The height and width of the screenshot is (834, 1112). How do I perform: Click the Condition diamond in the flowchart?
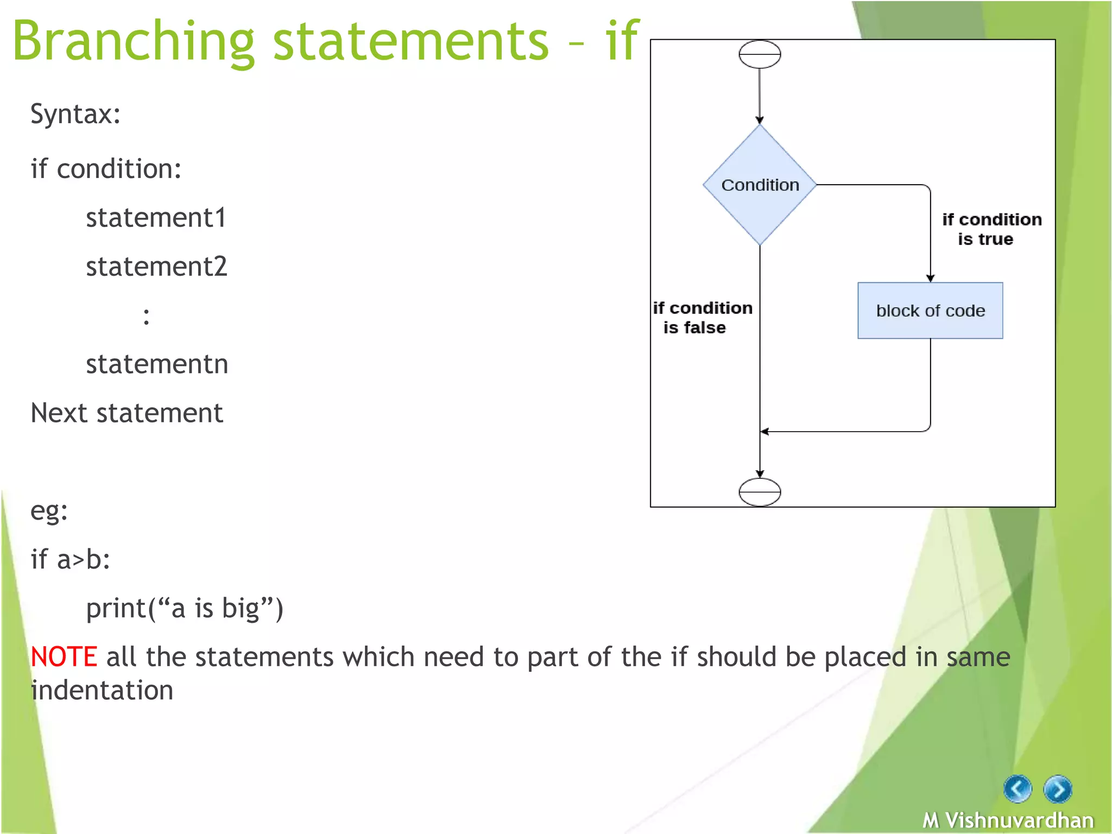(x=760, y=185)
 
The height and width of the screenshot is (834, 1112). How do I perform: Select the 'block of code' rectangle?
(x=930, y=311)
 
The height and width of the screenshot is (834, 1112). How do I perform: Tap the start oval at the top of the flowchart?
(x=760, y=54)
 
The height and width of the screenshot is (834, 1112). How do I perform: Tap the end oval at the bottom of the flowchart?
(x=760, y=492)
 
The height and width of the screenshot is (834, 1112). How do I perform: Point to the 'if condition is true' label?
(x=991, y=229)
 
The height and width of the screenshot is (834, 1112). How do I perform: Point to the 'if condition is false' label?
(x=702, y=318)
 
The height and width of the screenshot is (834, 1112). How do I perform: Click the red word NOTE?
(x=64, y=656)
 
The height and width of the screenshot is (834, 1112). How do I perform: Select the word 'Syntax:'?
(x=75, y=114)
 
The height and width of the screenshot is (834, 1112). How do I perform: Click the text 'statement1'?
(x=156, y=218)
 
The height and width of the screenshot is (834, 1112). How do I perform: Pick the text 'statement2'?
(x=156, y=267)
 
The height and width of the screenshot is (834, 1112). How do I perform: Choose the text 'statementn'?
(x=157, y=364)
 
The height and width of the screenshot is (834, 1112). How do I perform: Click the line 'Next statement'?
(x=127, y=413)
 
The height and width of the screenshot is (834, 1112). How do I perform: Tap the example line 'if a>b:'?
(x=70, y=559)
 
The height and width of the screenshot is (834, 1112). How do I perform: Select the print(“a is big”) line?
(x=185, y=608)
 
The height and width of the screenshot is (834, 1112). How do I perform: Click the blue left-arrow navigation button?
(x=1018, y=789)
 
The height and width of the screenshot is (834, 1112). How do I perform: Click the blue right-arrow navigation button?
(x=1058, y=789)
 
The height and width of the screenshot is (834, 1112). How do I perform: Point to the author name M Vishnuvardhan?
(x=1008, y=820)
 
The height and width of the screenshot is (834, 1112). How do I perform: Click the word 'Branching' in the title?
(x=133, y=41)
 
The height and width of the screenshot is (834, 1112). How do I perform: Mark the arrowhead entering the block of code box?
(x=930, y=279)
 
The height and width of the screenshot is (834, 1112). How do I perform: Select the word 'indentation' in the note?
(x=102, y=690)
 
